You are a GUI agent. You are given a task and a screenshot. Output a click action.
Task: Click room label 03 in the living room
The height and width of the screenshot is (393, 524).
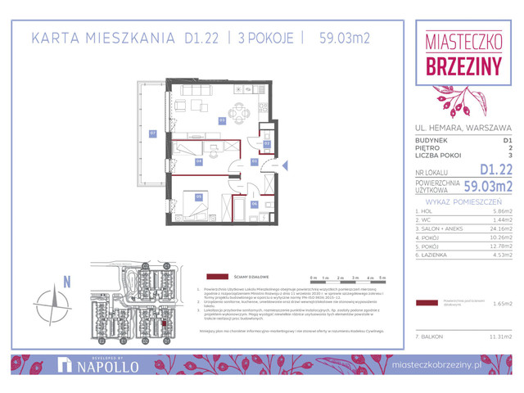click(221, 120)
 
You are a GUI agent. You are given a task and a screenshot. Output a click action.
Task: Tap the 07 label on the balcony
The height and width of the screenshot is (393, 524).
click(152, 133)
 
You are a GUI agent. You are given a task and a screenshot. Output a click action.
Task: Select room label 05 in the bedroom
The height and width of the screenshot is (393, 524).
click(199, 196)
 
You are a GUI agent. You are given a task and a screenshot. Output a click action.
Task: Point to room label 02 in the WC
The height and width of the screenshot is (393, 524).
click(266, 143)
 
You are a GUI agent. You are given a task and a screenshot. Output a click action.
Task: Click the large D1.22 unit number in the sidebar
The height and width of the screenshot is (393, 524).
click(496, 169)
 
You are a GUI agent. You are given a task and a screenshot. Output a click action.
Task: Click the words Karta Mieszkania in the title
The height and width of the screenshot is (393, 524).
click(103, 38)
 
